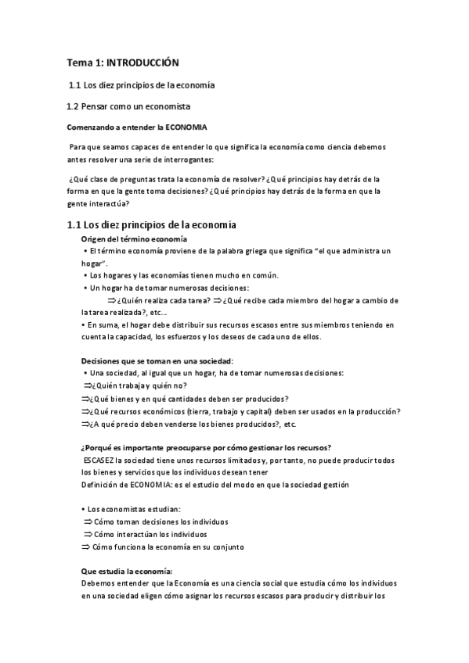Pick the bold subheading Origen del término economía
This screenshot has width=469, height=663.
click(134, 238)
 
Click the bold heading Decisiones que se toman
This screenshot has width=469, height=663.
click(157, 360)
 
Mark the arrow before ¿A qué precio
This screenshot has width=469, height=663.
click(86, 424)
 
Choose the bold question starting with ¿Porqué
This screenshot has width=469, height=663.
click(206, 447)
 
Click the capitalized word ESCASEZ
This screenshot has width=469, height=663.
click(98, 461)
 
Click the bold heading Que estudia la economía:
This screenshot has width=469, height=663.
click(126, 571)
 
